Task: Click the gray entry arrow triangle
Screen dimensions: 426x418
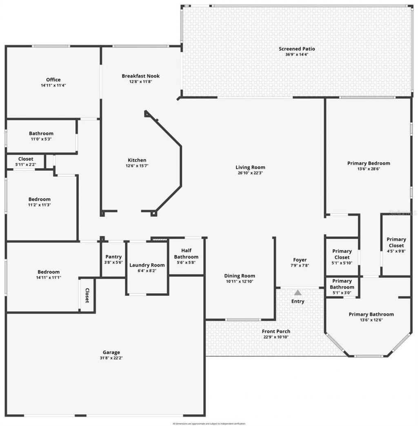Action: point(298,292)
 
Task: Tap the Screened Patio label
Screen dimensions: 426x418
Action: point(297,49)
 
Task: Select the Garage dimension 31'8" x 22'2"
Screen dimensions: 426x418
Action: point(111,358)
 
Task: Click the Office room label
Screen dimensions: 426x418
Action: point(53,80)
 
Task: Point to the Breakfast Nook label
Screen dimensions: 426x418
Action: point(140,76)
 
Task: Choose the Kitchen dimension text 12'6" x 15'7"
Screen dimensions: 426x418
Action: point(136,166)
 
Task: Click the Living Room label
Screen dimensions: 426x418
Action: point(250,167)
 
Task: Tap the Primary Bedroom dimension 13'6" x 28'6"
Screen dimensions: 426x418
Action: point(369,169)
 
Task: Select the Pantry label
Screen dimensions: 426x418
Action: point(113,257)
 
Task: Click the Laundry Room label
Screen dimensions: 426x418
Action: point(147,265)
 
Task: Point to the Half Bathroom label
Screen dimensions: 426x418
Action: point(186,254)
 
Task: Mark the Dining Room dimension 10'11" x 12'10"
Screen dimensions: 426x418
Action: point(240,281)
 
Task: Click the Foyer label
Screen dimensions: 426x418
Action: point(300,260)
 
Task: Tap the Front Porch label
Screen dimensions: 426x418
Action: point(276,331)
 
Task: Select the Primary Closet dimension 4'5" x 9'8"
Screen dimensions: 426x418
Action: point(396,252)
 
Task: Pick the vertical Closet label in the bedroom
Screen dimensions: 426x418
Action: point(87,295)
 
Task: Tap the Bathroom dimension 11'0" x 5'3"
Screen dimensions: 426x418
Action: point(41,139)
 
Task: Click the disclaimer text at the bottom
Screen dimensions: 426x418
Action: point(209,424)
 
